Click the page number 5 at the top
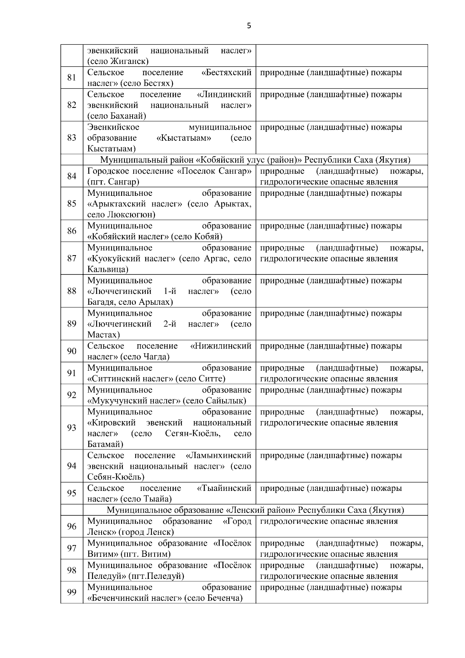[249, 26]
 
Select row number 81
[72, 78]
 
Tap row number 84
[72, 176]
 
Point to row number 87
[72, 258]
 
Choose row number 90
[72, 351]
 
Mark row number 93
[72, 428]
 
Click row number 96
[72, 526]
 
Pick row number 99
[72, 592]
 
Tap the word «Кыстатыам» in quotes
[184, 138]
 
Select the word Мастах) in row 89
[103, 335]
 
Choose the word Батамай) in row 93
[105, 444]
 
